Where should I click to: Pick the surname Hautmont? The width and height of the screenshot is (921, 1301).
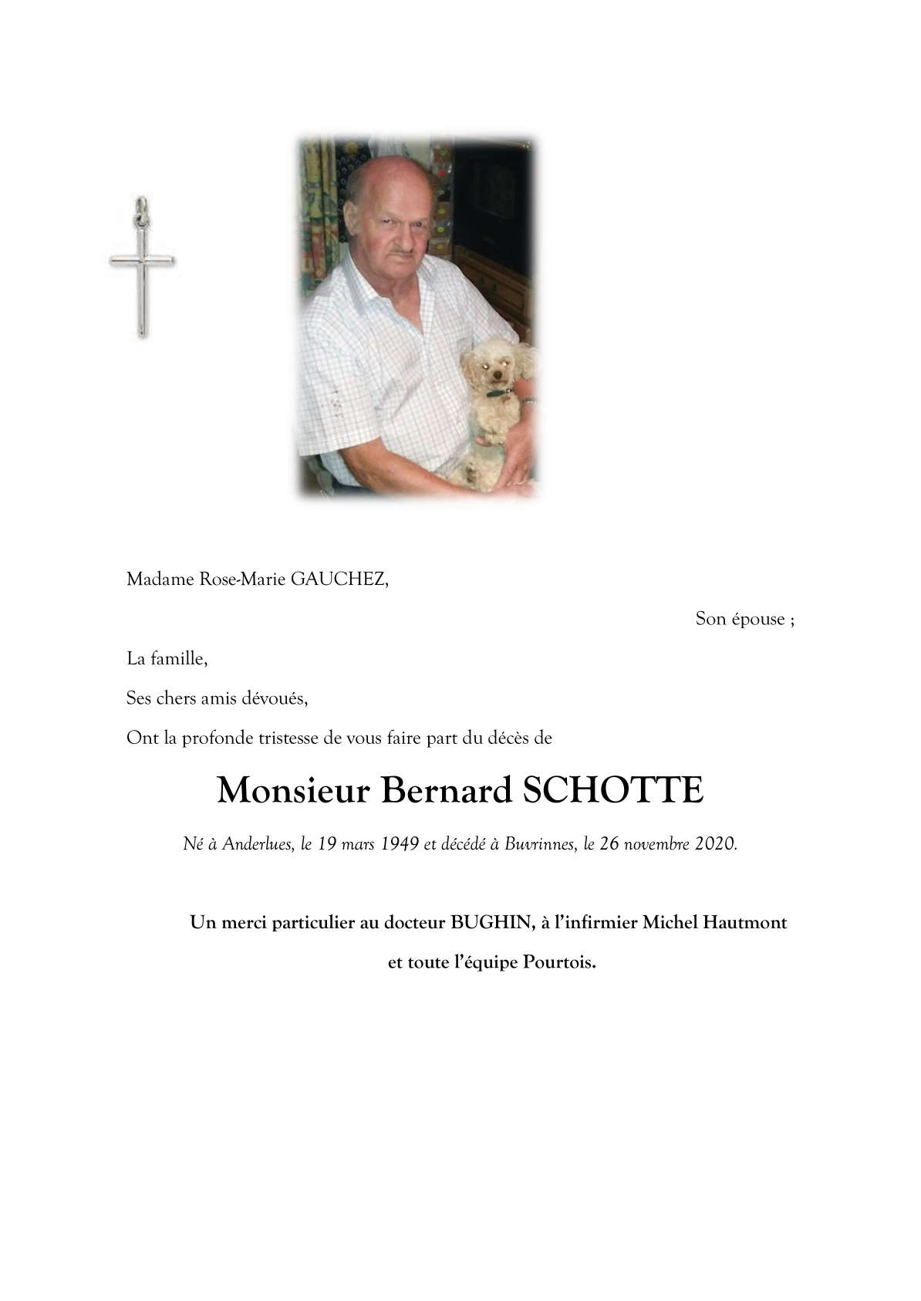tap(745, 923)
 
